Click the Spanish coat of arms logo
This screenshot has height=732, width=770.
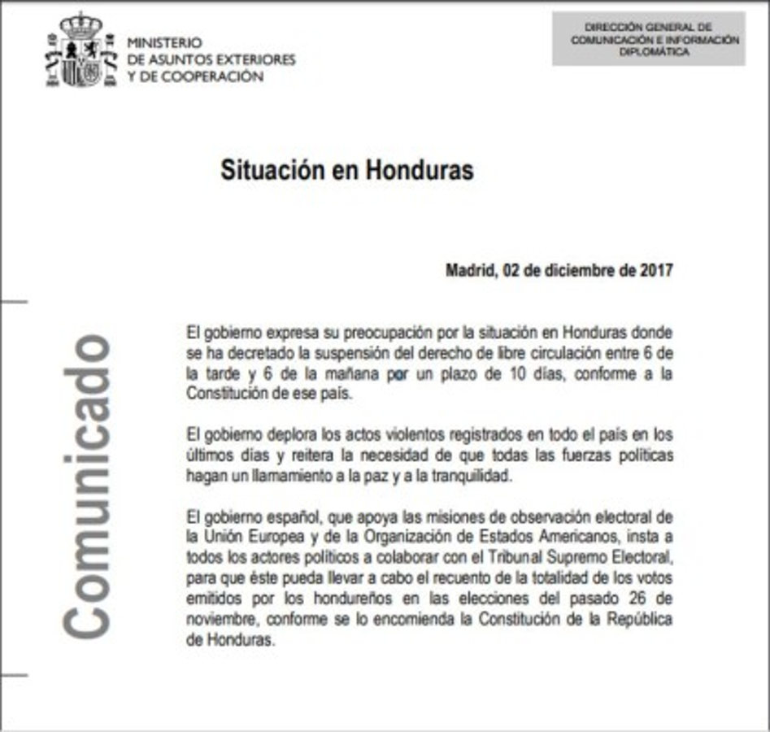[80, 50]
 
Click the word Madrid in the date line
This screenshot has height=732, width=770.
[468, 271]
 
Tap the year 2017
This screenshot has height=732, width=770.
[656, 271]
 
